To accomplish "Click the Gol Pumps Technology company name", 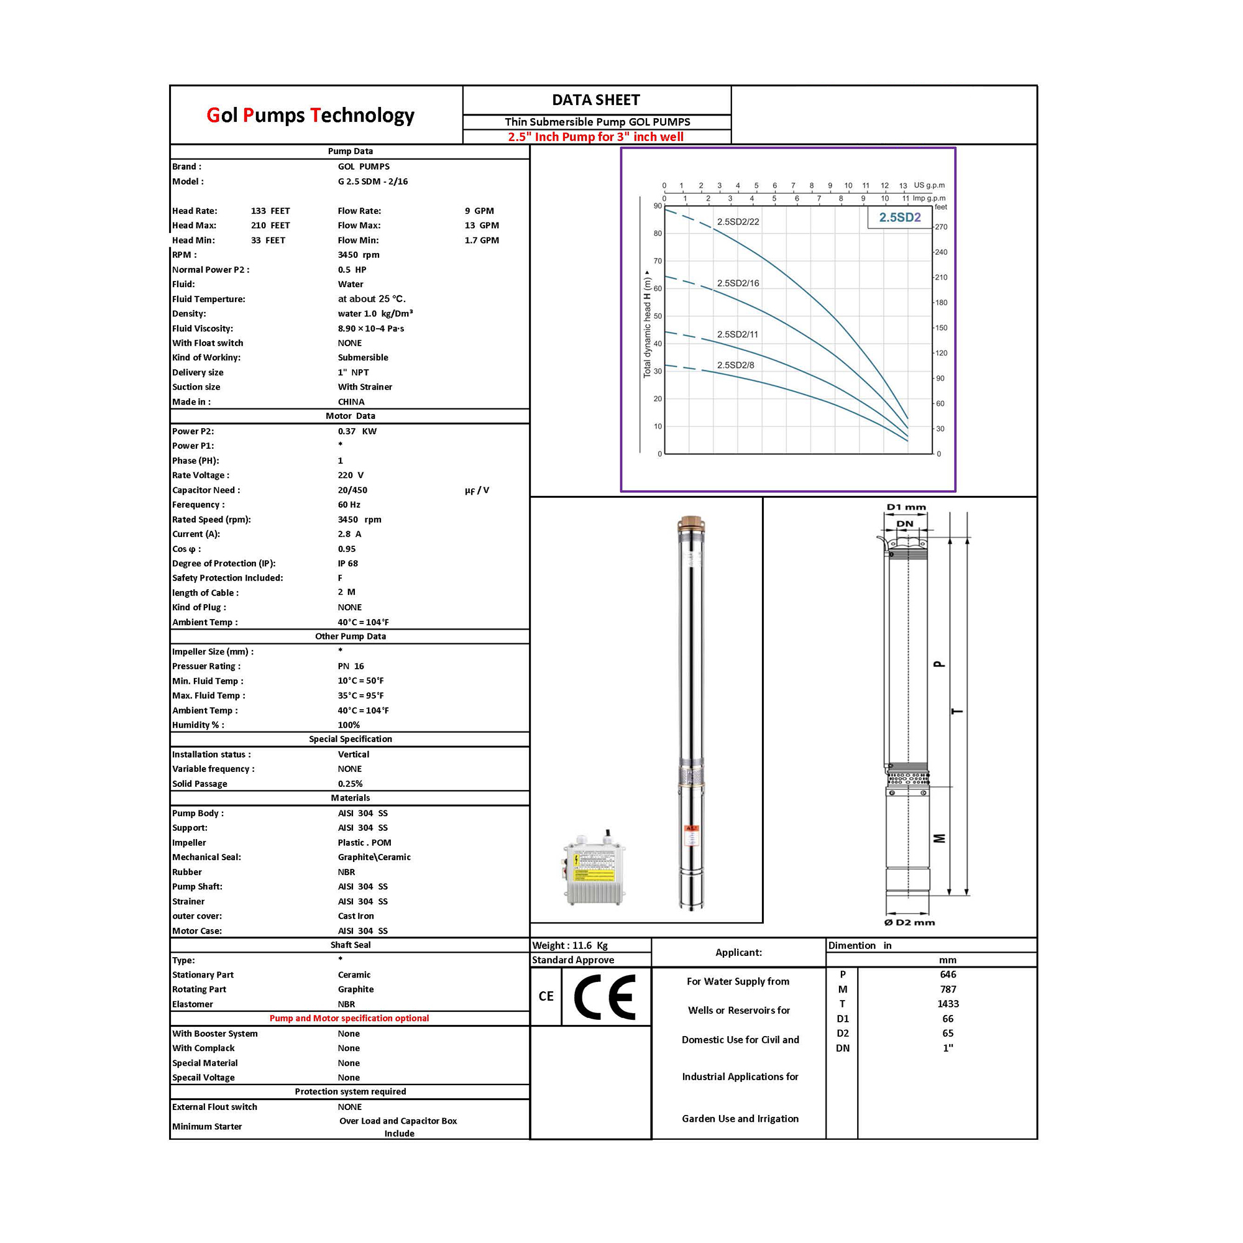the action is pos(310,115).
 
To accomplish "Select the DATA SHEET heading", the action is pos(596,99).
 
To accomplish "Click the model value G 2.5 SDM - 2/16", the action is pos(372,181).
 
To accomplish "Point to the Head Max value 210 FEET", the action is pos(270,225).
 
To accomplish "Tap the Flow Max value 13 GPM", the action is pos(482,225).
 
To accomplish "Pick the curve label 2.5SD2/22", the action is pos(738,222).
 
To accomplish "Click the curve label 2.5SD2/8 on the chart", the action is pos(735,365).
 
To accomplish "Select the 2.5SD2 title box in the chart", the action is pos(899,218).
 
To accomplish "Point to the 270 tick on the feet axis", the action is pos(940,226).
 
